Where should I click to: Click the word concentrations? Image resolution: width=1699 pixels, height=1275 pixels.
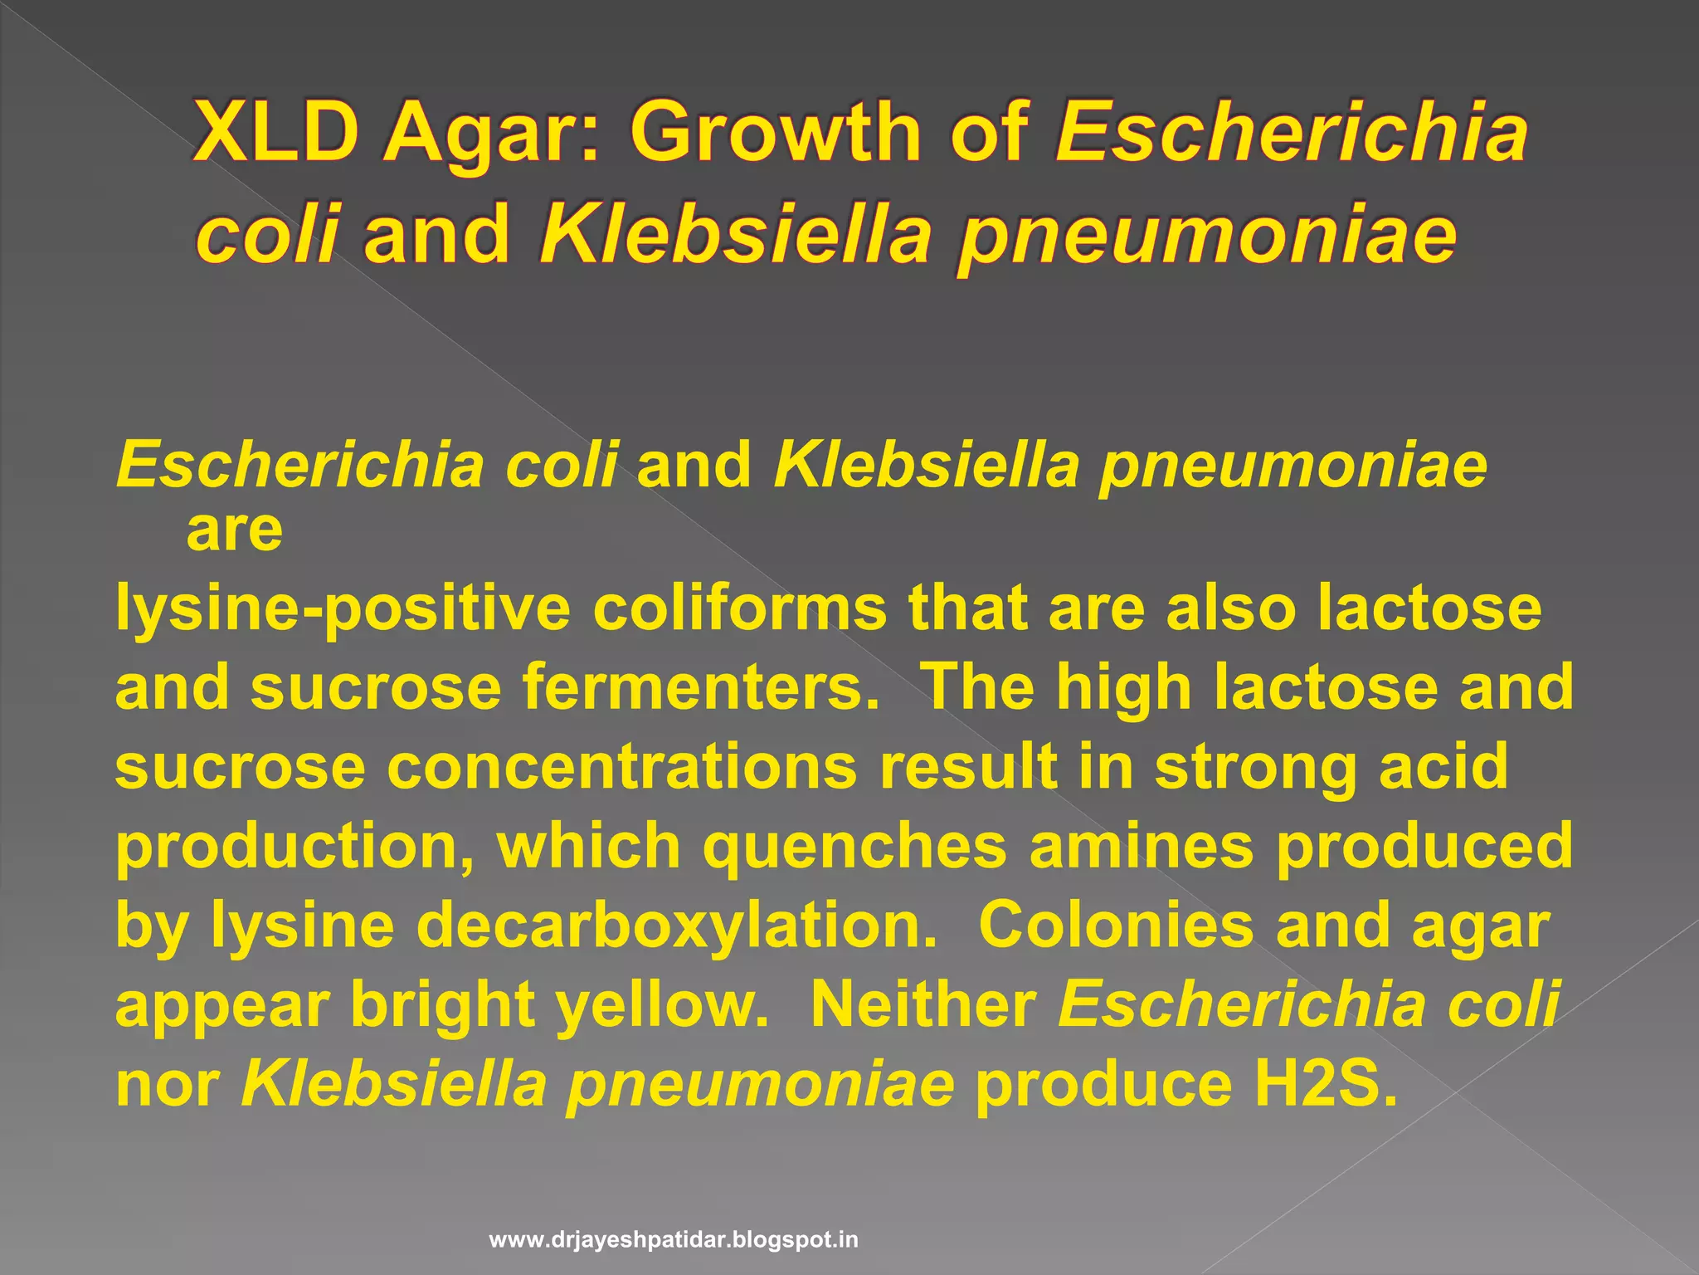(x=622, y=766)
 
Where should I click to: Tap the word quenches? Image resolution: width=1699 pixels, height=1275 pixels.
(x=854, y=845)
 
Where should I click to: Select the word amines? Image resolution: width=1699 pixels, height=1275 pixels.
(x=1142, y=845)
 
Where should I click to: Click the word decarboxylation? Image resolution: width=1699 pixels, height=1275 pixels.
(x=675, y=926)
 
